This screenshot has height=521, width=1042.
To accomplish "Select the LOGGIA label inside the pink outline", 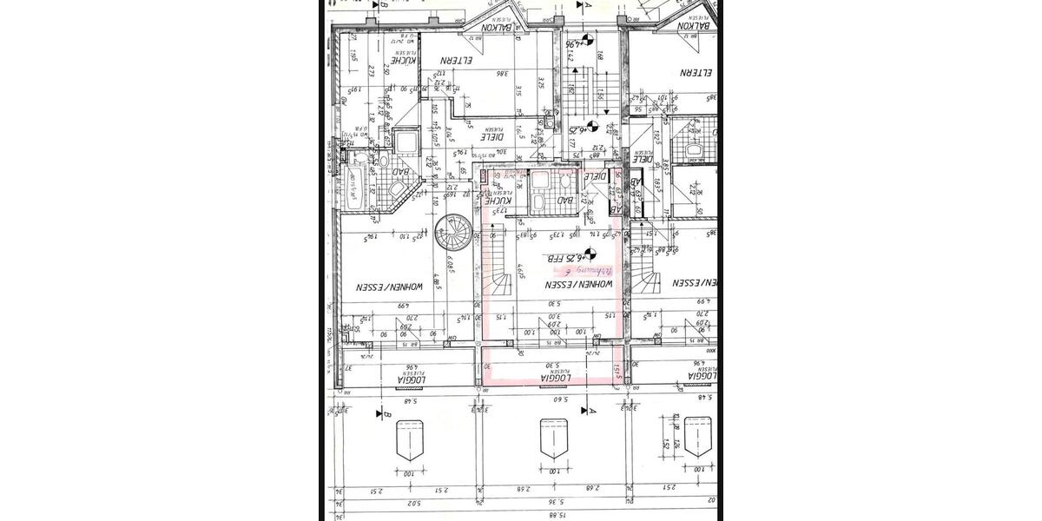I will coord(555,379).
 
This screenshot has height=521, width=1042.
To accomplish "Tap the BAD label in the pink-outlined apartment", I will coord(565,201).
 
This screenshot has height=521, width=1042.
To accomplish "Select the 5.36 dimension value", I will coord(557,502).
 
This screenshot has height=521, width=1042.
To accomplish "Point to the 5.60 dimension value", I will coord(556,399).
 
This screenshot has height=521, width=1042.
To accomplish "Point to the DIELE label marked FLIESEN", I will coord(493,136).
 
